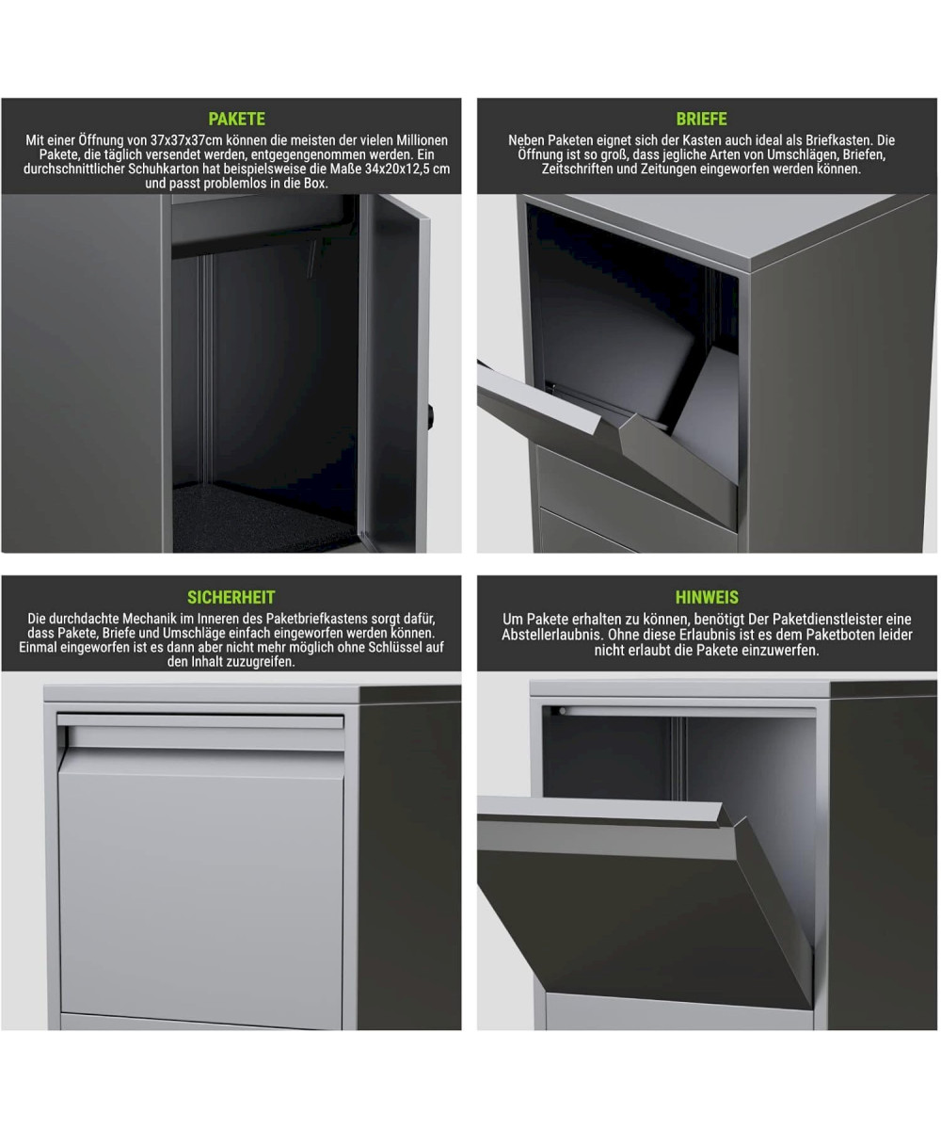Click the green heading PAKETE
point(236,119)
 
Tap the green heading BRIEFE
point(701,119)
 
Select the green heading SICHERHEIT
point(231,597)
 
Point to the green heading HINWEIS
point(707,597)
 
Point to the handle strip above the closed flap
point(200,721)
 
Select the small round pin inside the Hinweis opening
point(563,711)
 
